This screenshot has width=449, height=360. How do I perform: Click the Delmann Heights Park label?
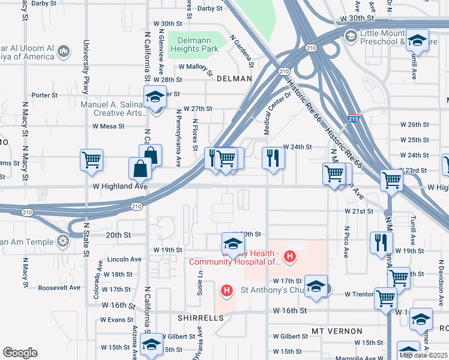coord(193,44)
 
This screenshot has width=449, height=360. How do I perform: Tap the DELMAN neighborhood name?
coord(234,79)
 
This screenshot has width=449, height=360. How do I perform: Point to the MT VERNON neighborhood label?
coord(337,331)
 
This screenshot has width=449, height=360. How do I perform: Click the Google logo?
coord(20,353)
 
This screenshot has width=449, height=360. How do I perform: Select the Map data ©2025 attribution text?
coord(423,355)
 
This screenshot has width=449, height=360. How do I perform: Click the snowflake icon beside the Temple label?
coord(62,241)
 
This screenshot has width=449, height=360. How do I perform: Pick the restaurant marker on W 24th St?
coord(273,158)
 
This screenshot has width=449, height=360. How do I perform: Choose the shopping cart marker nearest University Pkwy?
coord(91,160)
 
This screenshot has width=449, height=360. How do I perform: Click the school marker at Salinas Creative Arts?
coord(155,97)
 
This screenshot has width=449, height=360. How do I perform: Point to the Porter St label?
coord(44,95)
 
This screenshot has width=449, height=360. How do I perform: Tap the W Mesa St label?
coord(108,126)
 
